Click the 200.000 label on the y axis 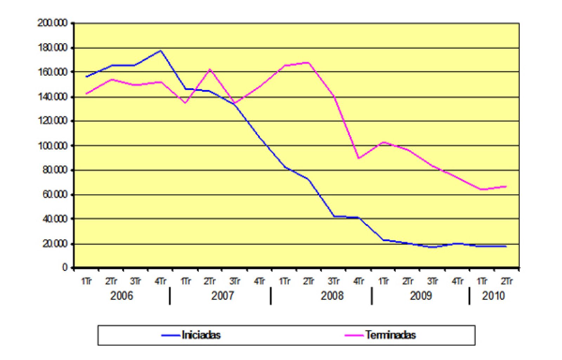tap(53, 23)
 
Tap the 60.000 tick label tap(54, 194)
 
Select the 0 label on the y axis tap(65, 268)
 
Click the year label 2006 tap(122, 296)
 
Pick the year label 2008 tap(332, 296)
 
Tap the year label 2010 tap(493, 296)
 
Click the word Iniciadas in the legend tap(201, 335)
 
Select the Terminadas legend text tap(390, 335)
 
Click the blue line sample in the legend tap(171, 335)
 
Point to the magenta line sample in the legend tap(354, 335)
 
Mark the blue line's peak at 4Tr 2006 tap(161, 51)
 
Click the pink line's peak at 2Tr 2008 tap(308, 63)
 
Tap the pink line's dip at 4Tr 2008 tap(358, 158)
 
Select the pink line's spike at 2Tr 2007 tap(210, 69)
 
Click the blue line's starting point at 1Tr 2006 tap(86, 76)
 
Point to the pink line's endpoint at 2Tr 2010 tap(506, 186)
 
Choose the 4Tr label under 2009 tap(457, 281)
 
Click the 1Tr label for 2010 tap(482, 281)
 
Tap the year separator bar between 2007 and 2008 tap(271, 296)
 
